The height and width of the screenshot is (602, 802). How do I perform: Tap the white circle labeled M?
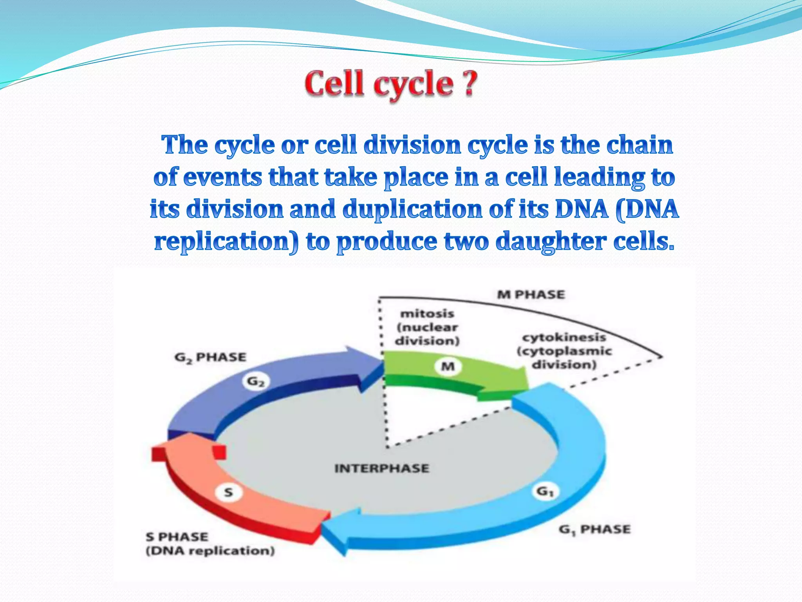click(448, 366)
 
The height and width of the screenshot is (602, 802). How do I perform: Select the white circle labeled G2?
click(255, 381)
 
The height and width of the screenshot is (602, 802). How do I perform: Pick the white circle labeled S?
click(229, 492)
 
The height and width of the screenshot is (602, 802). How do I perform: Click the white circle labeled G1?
click(545, 491)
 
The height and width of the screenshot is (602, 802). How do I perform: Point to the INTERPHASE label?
click(382, 468)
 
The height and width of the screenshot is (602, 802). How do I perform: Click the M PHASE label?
click(531, 295)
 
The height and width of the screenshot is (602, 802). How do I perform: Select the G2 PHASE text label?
click(210, 357)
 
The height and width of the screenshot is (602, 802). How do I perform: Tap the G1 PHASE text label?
click(594, 530)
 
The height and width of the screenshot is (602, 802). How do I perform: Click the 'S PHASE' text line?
click(177, 537)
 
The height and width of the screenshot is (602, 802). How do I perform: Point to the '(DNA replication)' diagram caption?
click(210, 551)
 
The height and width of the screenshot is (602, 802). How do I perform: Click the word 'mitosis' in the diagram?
click(427, 314)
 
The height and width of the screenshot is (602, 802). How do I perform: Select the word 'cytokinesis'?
click(564, 337)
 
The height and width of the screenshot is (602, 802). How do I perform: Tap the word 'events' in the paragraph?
click(222, 177)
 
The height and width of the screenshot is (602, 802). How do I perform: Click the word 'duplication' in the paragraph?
click(412, 209)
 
